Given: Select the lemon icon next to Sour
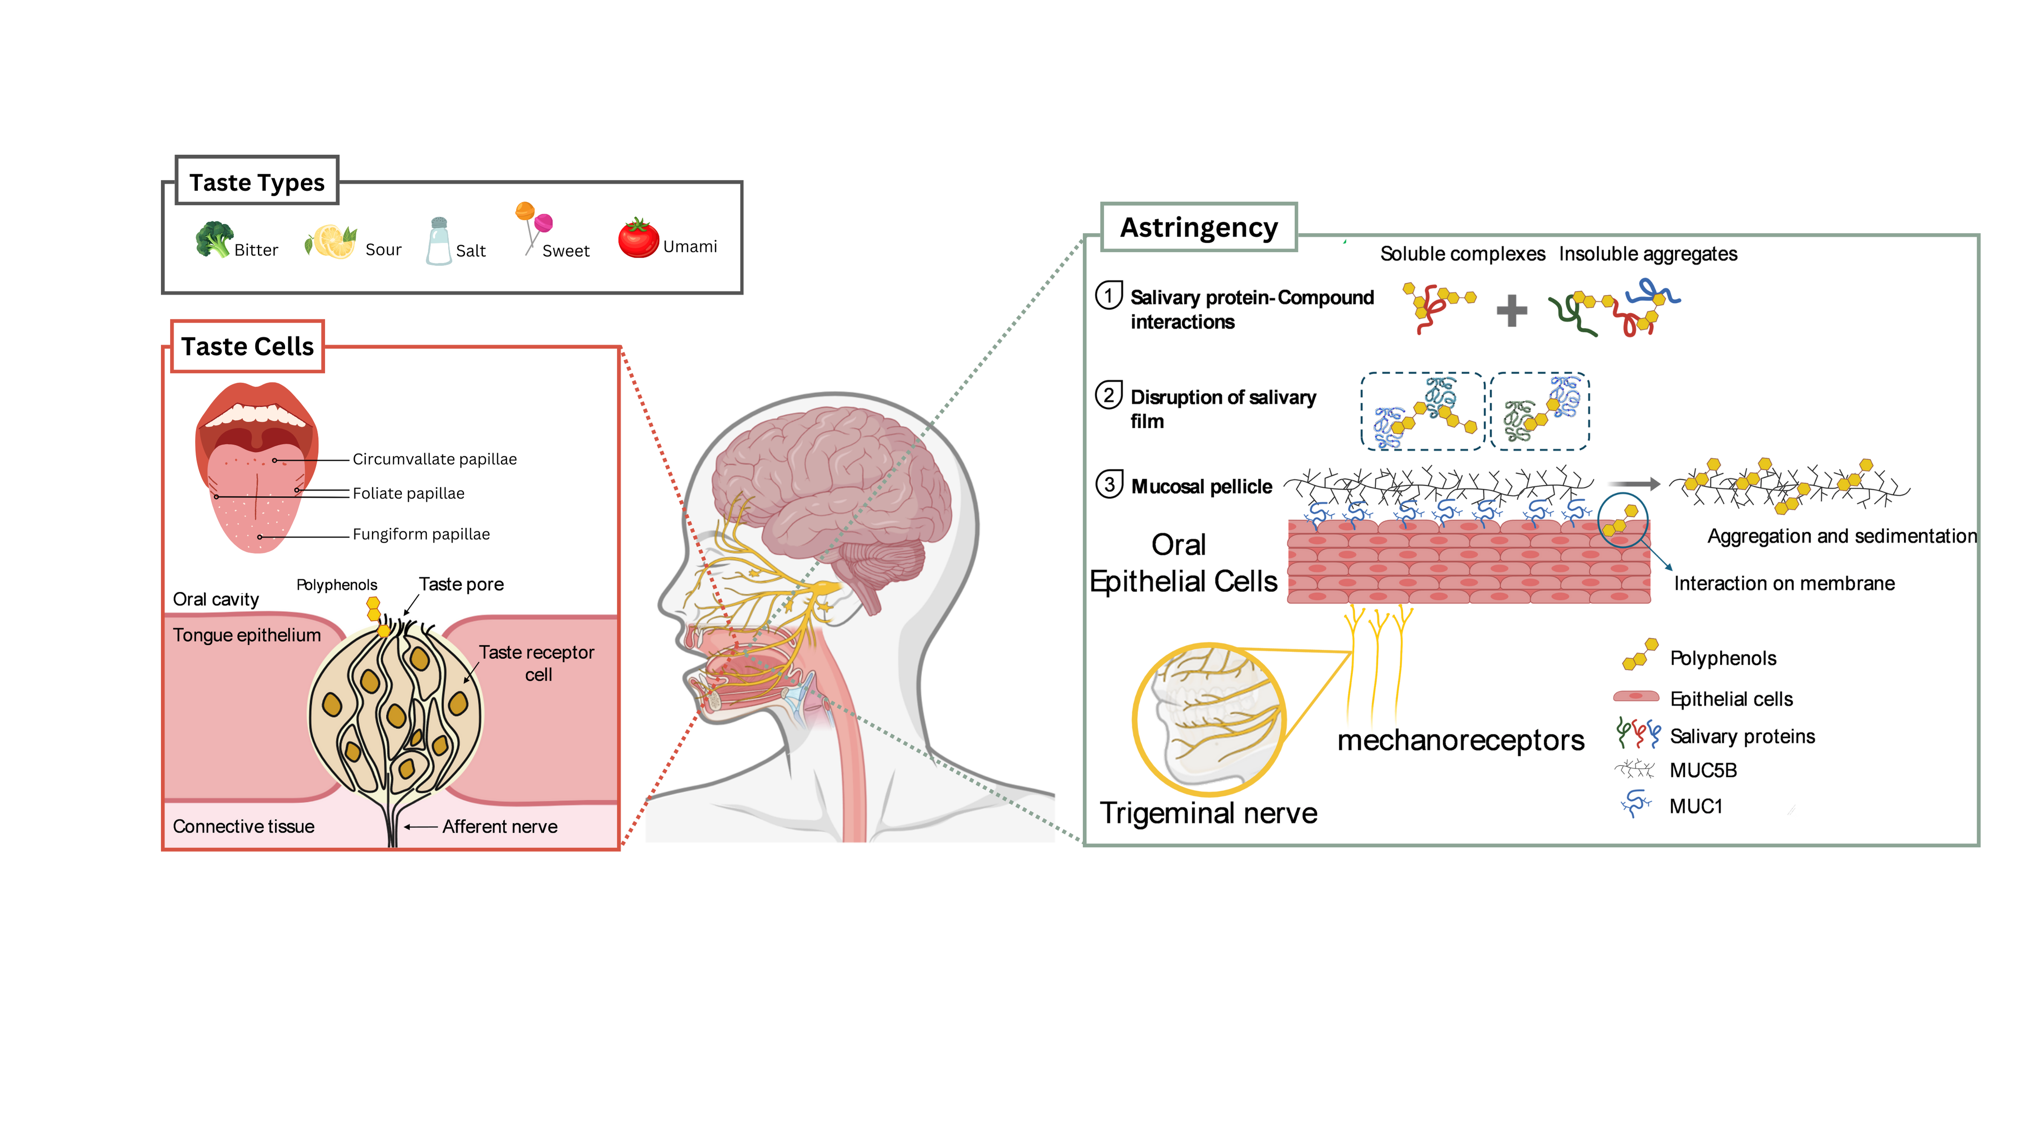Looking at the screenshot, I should [331, 241].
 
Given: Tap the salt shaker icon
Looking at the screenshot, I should [439, 242].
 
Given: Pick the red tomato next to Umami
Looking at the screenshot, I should [638, 238].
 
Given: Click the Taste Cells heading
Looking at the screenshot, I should [247, 346].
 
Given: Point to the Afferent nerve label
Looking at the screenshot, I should [499, 827].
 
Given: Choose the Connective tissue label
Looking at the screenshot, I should [243, 827].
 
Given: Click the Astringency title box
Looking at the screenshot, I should [1199, 227].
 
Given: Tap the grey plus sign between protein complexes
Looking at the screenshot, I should [1511, 311].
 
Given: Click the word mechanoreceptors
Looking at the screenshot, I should [1460, 740].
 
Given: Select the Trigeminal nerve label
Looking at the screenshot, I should [1208, 813].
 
